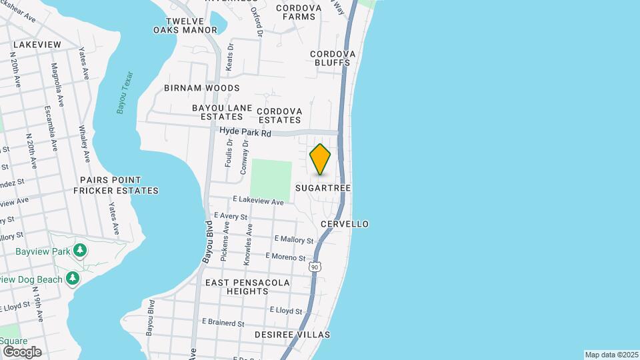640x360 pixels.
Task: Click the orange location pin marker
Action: coord(321,159)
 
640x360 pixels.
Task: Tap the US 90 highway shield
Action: coord(314,267)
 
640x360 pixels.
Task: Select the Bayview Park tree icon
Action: coord(80,251)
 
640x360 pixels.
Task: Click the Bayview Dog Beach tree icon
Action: coord(73,279)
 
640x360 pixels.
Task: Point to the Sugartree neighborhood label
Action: coord(323,189)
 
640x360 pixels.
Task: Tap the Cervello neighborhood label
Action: coord(345,224)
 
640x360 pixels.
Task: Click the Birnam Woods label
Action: coord(202,88)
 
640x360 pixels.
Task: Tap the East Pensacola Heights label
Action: coord(247,287)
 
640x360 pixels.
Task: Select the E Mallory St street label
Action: coord(293,239)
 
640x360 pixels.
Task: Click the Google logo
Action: coord(22,352)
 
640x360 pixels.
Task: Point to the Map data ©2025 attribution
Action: coord(611,355)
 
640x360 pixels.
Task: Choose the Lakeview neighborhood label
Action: coord(37,45)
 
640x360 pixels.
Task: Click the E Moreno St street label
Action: coord(285,257)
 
